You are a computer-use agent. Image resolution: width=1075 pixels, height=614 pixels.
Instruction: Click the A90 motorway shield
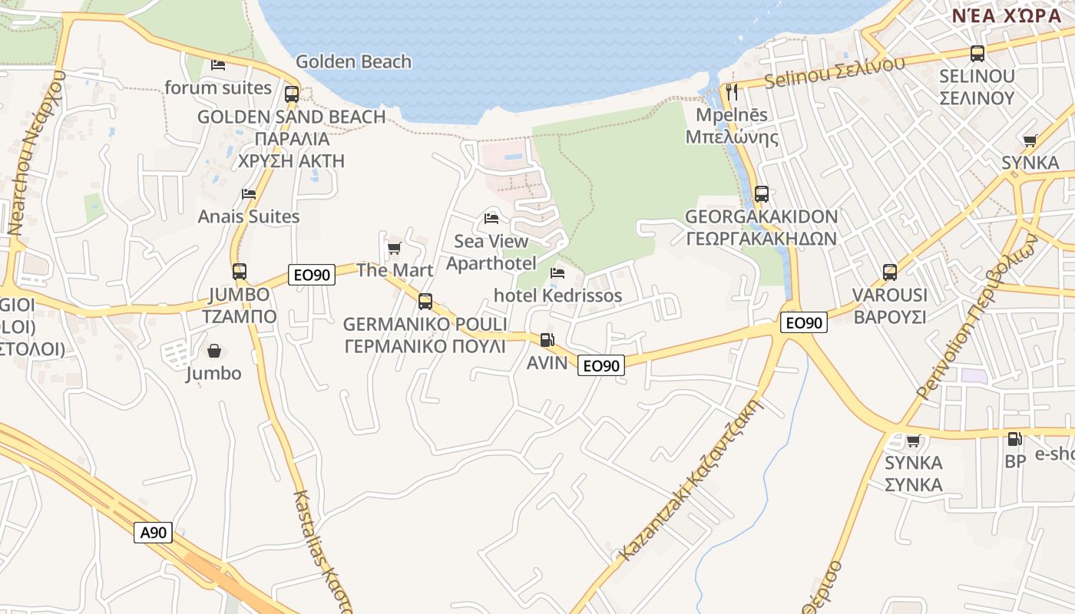(154, 532)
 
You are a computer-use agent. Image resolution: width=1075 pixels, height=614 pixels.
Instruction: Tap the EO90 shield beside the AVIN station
(600, 365)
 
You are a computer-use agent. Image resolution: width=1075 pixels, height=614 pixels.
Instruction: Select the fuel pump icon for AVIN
(547, 339)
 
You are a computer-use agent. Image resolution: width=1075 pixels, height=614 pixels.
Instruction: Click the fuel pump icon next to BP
(1014, 439)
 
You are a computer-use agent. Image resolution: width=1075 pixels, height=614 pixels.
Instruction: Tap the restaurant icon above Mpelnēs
(731, 92)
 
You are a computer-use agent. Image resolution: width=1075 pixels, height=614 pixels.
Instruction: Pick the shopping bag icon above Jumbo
(213, 351)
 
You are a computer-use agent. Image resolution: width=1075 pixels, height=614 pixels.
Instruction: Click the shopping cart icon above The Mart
(394, 248)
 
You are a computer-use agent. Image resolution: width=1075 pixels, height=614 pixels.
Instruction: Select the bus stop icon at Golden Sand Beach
(292, 94)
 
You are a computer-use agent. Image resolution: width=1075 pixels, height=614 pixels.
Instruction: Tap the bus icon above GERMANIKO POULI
(425, 302)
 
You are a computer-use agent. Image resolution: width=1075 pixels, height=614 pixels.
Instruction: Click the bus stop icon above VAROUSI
(889, 272)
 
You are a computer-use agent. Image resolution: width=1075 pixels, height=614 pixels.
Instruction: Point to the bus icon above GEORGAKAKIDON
(761, 193)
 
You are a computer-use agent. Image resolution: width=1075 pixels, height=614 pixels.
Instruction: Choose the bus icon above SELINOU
(977, 54)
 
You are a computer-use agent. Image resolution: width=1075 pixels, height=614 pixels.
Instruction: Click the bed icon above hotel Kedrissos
(557, 273)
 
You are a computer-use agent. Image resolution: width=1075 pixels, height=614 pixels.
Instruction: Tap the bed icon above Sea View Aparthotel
(491, 219)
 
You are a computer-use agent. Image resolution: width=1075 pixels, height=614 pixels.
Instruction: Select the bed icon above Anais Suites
(249, 194)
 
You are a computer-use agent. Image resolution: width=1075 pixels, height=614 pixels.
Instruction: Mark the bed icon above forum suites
(218, 65)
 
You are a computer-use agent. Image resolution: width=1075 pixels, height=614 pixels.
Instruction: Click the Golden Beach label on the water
(353, 61)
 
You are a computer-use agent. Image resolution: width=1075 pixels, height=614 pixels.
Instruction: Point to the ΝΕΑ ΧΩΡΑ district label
(1007, 15)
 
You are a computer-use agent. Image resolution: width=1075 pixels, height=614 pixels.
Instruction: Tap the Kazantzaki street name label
(690, 479)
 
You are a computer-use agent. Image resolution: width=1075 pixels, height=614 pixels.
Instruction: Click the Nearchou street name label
(35, 153)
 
